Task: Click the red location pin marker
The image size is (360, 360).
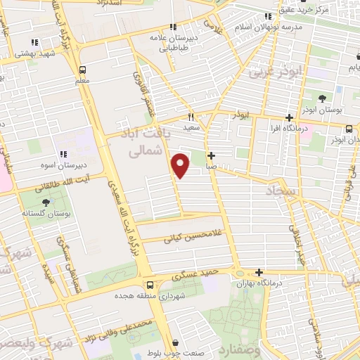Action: click(181, 165)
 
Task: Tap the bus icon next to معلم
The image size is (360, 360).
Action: click(83, 70)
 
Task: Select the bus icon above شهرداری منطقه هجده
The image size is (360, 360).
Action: click(149, 285)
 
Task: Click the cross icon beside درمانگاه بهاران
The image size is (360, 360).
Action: click(259, 272)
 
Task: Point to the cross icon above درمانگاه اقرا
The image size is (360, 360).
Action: click(289, 118)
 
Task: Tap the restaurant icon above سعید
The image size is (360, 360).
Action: click(191, 117)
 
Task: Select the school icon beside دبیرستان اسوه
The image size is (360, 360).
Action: click(63, 154)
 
